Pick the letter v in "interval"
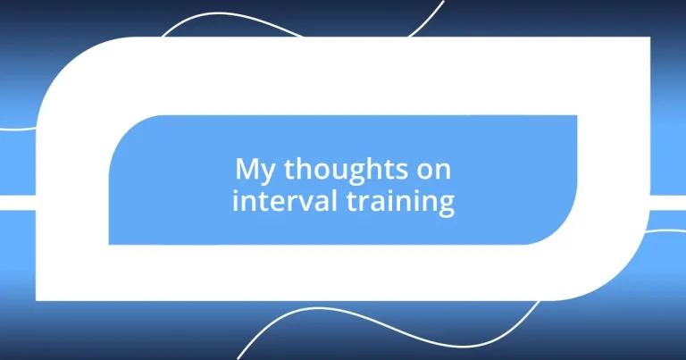click(x=296, y=202)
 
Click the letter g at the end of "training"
click(x=446, y=205)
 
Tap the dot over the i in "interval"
click(x=236, y=189)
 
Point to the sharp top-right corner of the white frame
click(x=648, y=38)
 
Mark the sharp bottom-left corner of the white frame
click(x=37, y=299)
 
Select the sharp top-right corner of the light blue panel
click(x=575, y=116)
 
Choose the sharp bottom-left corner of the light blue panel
click(x=110, y=243)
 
